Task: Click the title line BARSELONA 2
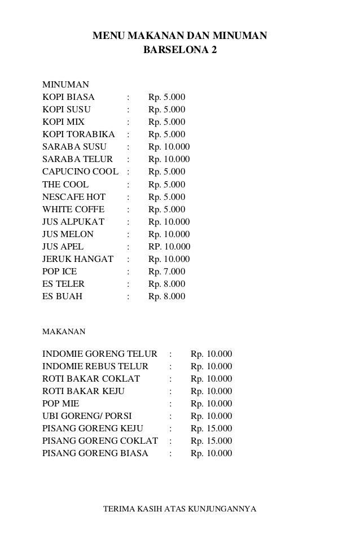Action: (x=179, y=50)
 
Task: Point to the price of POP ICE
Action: (x=166, y=272)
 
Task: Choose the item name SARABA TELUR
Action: (x=77, y=159)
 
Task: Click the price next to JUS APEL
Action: (x=169, y=247)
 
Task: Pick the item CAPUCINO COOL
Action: (x=80, y=172)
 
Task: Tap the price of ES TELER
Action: (x=166, y=284)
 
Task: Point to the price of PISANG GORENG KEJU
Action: (x=212, y=428)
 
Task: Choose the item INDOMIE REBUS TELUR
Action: (x=95, y=366)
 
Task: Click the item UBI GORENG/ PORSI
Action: (x=87, y=416)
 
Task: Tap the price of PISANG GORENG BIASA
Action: (x=212, y=453)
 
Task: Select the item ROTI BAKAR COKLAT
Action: (x=91, y=379)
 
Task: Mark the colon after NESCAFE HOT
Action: (x=130, y=197)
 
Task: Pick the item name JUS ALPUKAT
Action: (x=73, y=222)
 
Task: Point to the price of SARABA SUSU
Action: (x=169, y=147)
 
